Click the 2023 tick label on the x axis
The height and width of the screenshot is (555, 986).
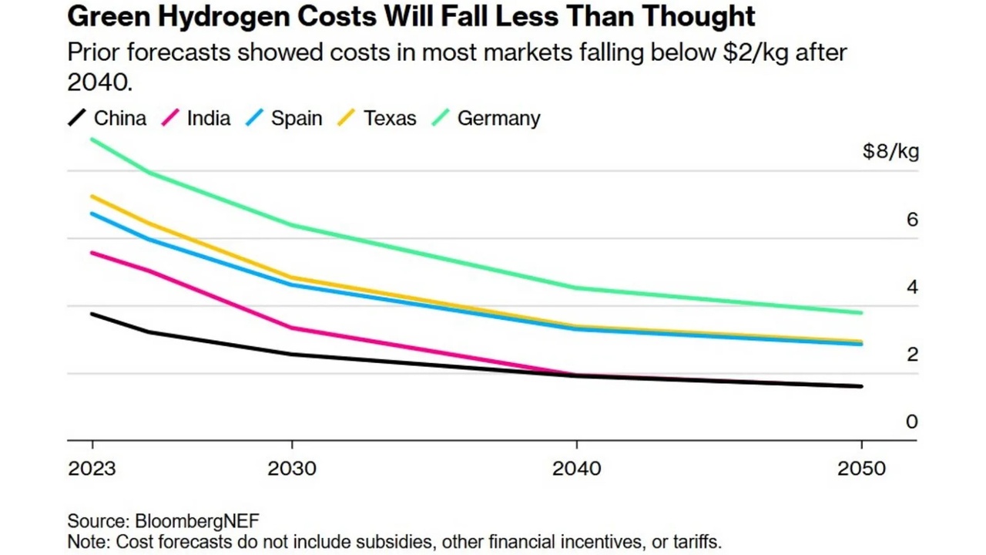(92, 469)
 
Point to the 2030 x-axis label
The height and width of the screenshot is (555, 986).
(291, 469)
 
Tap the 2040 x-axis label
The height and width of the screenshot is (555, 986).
(577, 469)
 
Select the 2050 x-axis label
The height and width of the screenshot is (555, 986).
(861, 469)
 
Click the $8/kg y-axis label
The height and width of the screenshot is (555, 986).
(890, 152)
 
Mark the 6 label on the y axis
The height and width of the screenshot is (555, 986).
(912, 220)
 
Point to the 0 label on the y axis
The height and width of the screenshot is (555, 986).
(912, 422)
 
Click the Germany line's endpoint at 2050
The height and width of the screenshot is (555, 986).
(860, 313)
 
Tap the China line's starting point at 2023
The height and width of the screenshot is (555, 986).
(92, 314)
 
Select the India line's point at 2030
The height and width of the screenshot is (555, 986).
(291, 328)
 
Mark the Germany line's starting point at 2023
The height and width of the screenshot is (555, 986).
(92, 140)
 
